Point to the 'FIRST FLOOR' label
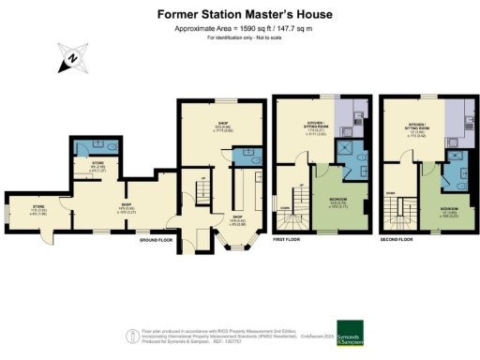coord(287,240)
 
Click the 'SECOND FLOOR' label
coord(397,240)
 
